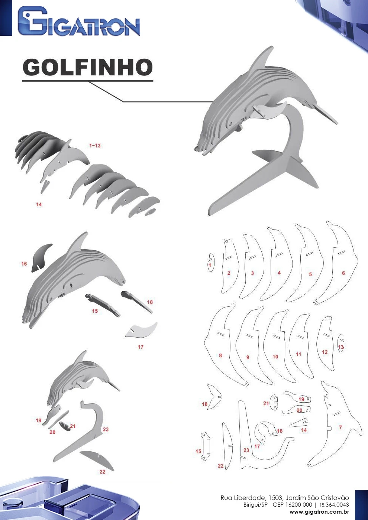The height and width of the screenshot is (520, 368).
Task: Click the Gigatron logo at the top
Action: tap(79, 21)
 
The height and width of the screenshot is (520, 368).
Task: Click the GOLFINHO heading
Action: tap(88, 67)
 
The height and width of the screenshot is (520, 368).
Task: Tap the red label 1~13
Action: tap(95, 146)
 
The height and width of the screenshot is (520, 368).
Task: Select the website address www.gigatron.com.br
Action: tap(319, 512)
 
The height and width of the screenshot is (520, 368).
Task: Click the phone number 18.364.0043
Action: tap(334, 505)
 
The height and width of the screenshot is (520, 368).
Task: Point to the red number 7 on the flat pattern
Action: tap(340, 427)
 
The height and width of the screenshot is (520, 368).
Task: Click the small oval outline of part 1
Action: tap(210, 263)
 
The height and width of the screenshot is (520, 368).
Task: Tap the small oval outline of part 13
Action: tap(340, 343)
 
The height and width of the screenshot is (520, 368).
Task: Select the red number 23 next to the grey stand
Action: tap(106, 429)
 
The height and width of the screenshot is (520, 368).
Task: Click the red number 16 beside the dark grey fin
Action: tap(24, 264)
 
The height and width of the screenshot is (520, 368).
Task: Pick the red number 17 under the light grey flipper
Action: tap(141, 347)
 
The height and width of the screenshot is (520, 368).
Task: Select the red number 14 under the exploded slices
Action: tap(39, 204)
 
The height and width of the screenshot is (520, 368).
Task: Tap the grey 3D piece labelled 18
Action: tap(136, 301)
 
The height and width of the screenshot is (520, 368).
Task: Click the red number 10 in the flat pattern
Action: tap(275, 357)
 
